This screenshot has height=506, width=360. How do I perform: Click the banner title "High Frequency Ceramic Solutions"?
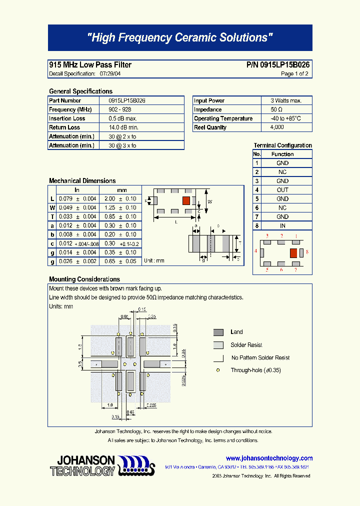[180, 38]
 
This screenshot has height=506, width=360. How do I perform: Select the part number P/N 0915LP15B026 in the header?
[278, 65]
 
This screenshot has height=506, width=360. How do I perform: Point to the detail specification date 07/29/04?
[110, 73]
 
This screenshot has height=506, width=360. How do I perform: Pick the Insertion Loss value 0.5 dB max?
[122, 118]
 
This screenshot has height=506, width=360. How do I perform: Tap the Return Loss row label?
[64, 127]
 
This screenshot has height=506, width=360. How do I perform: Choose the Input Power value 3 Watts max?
[286, 100]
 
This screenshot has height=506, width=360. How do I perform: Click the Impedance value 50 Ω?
[276, 109]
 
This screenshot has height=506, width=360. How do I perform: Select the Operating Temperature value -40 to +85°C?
[285, 118]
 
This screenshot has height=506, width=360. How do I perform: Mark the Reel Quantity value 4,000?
[277, 127]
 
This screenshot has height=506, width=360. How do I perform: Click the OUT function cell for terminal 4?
[282, 190]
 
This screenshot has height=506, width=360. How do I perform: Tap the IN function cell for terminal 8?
[282, 225]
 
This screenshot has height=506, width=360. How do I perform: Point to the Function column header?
[282, 154]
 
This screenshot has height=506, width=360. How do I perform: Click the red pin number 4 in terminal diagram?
[255, 251]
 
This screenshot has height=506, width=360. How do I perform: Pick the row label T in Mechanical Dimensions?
[52, 216]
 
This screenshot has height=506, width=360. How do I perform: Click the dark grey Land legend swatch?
[218, 332]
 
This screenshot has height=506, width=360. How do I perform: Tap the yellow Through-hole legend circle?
[218, 370]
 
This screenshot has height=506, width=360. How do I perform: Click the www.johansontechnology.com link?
[269, 458]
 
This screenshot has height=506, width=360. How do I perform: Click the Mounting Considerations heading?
[84, 279]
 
